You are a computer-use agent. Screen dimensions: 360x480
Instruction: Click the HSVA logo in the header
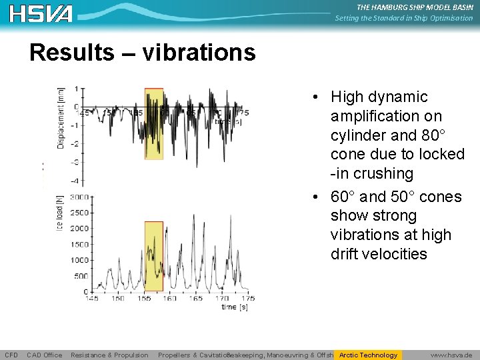(x=41, y=13)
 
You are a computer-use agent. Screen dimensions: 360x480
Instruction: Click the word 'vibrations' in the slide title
(x=197, y=52)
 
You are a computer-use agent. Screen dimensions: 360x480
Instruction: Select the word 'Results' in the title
(x=72, y=52)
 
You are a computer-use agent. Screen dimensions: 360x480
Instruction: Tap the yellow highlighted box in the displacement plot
(x=153, y=123)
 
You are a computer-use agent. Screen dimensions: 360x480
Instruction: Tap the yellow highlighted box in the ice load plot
(x=153, y=256)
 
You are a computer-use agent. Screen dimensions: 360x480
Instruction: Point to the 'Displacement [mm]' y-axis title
(x=61, y=118)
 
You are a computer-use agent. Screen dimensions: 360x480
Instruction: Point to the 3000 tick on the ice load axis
(x=79, y=198)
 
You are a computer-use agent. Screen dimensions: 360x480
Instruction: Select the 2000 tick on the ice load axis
(x=79, y=229)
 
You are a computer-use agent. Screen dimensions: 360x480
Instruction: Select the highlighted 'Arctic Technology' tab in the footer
(x=368, y=355)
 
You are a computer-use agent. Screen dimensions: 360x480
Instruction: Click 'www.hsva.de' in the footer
(x=451, y=355)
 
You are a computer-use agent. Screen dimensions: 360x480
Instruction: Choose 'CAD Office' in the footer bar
(x=44, y=355)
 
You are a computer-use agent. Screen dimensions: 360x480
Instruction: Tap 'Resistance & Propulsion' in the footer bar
(x=109, y=355)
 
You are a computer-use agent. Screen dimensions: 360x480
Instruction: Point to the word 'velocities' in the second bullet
(x=379, y=254)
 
